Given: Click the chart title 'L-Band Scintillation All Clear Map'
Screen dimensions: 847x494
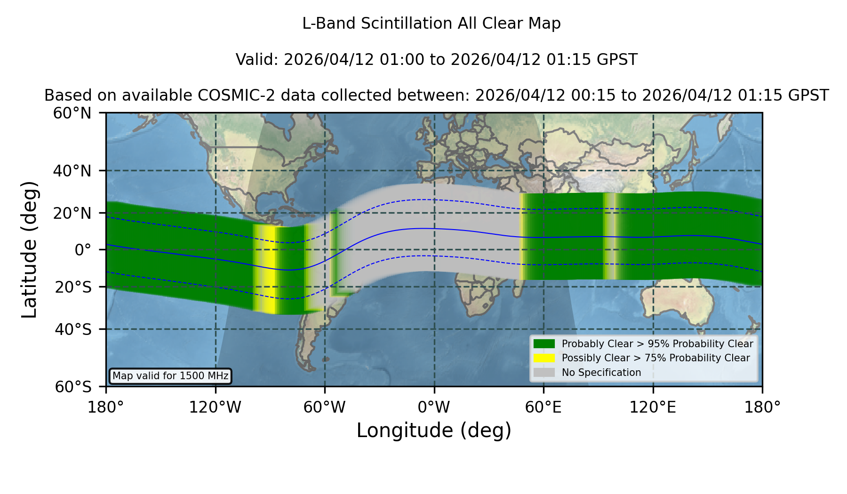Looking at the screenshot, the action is [x=431, y=24].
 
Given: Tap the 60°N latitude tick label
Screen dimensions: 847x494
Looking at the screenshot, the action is [x=72, y=113].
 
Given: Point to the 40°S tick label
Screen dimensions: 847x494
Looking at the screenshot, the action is [x=73, y=329].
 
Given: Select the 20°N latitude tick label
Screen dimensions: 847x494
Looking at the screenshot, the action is [x=72, y=213].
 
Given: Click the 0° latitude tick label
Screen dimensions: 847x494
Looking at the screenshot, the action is [x=83, y=250].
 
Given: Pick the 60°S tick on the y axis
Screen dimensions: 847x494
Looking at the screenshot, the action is [x=73, y=387].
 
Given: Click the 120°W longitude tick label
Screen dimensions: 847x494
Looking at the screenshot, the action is [x=215, y=407].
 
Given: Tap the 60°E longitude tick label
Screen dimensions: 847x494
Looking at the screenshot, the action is [x=543, y=407].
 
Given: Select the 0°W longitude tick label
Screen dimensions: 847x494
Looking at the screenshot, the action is [x=434, y=407].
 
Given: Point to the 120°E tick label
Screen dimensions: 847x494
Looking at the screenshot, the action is [x=653, y=407].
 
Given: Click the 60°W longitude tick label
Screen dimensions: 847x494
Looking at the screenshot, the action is [x=325, y=407].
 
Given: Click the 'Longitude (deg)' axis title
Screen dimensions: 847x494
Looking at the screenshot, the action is [x=434, y=430].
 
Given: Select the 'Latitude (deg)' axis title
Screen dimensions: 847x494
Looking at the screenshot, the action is [x=29, y=249].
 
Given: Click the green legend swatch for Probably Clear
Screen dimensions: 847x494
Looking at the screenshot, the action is [x=544, y=344].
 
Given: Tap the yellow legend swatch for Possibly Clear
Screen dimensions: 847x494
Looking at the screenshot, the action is [x=544, y=358].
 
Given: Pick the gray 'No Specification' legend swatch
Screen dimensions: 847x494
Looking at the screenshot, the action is [x=544, y=373].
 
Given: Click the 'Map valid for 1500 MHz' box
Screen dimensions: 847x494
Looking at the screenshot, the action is [x=170, y=376].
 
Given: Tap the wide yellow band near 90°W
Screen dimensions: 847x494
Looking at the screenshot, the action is [x=267, y=269].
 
